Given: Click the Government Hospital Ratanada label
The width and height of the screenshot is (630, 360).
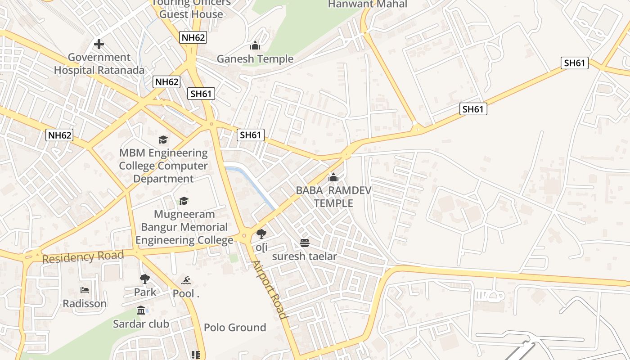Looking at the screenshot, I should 99,64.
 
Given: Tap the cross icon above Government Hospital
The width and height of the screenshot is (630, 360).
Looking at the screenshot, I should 99,44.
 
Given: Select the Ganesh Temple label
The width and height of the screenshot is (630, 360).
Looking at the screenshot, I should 255,59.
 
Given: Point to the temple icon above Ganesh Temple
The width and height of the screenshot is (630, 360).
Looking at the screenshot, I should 255,45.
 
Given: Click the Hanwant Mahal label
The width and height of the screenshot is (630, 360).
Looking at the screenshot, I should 367,4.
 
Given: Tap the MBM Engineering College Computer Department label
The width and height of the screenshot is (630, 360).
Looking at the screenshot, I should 163,166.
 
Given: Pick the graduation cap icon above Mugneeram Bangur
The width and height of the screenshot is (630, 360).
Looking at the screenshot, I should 184,201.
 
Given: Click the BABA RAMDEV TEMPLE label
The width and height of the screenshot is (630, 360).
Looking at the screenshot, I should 333,197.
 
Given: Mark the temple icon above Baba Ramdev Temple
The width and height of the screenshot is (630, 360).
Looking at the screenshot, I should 333,178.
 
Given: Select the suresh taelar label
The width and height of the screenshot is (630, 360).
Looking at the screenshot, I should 305,256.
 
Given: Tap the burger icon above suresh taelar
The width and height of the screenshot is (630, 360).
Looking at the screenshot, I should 305,243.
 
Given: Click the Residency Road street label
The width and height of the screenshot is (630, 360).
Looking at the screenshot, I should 83,257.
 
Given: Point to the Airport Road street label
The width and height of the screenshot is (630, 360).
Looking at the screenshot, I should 269,289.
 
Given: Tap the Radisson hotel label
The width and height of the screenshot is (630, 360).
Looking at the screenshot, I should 85,304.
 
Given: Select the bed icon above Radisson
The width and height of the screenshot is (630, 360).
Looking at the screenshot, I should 85,290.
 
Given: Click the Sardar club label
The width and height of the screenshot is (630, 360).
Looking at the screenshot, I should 141,324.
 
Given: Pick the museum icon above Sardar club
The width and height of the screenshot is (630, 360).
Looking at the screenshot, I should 141,310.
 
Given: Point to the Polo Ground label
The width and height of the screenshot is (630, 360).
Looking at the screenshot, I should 235,328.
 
